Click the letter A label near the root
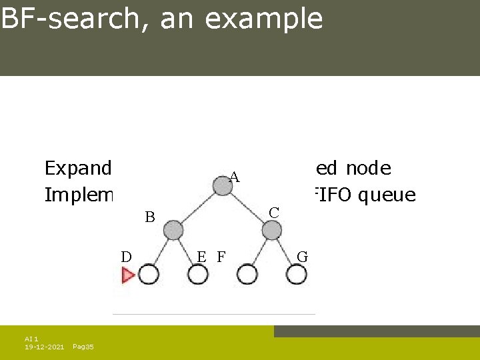click(x=234, y=177)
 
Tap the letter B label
click(x=150, y=217)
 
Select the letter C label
click(x=273, y=213)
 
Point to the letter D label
click(x=126, y=256)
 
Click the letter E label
click(x=201, y=256)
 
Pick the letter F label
click(x=221, y=256)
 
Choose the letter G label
click(x=302, y=257)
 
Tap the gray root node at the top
click(x=223, y=186)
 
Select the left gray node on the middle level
click(x=173, y=231)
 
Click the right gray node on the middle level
click(x=272, y=231)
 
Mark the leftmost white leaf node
click(x=149, y=274)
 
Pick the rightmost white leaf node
click(x=297, y=274)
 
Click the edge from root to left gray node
click(x=198, y=209)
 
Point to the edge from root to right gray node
click(x=247, y=209)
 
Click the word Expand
click(x=77, y=169)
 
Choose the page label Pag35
click(x=83, y=347)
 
